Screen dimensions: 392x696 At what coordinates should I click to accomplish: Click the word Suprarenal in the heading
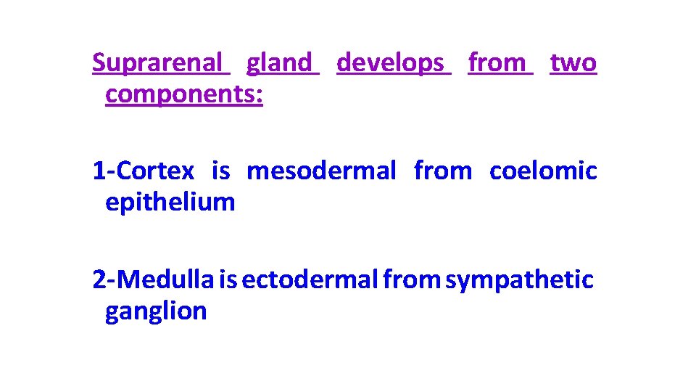tap(157, 63)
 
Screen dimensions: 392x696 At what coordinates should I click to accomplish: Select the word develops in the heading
tap(390, 63)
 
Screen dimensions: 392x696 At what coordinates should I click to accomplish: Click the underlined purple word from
tap(497, 63)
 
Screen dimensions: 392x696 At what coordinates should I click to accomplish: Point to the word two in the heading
tap(573, 63)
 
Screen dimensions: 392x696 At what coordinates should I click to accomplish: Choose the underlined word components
tap(183, 95)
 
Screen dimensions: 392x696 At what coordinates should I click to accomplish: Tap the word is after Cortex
tap(220, 171)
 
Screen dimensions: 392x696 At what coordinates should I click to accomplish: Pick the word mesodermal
tap(321, 171)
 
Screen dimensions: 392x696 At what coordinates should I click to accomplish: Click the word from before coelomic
tap(442, 171)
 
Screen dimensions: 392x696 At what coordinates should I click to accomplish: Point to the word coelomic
tap(543, 171)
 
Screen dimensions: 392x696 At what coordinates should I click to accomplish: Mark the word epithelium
tap(170, 203)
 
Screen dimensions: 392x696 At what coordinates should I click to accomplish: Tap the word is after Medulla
tap(228, 279)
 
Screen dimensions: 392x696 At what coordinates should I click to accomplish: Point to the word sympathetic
tap(519, 279)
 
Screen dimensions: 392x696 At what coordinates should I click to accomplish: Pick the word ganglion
tap(156, 311)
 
